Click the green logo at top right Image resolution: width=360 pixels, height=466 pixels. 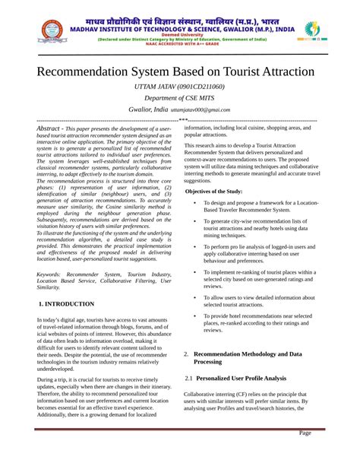coord(312,30)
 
